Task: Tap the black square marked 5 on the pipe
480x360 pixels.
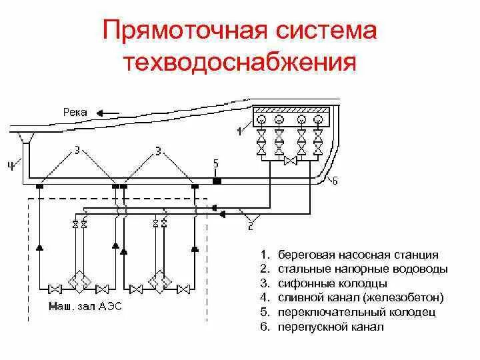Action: (x=216, y=180)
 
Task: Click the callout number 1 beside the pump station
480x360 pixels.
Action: (x=239, y=131)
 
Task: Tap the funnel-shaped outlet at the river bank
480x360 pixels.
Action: (x=26, y=137)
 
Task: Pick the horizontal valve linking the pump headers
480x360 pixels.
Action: (x=290, y=161)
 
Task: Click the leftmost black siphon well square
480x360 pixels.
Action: (x=39, y=187)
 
